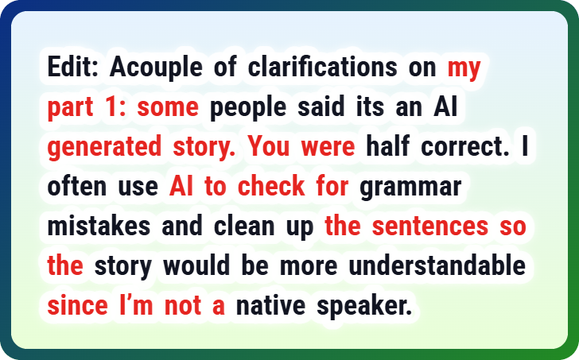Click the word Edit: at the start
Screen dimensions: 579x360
[72, 67]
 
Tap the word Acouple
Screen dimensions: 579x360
[156, 68]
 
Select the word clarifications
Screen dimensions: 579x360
[322, 67]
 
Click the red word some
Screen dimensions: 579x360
[168, 107]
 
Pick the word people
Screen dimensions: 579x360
[248, 108]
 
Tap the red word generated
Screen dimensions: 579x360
[104, 147]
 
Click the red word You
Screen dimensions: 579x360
[269, 146]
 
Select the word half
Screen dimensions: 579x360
[387, 145]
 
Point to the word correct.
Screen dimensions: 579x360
[465, 147]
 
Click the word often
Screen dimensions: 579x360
[77, 185]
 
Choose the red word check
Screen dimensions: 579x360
[271, 185]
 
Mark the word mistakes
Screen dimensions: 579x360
[99, 226]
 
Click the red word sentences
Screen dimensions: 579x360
[430, 226]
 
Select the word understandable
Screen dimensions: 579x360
[437, 265]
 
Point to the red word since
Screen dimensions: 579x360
[78, 305]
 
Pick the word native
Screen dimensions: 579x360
[270, 305]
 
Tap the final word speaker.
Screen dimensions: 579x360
[364, 306]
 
